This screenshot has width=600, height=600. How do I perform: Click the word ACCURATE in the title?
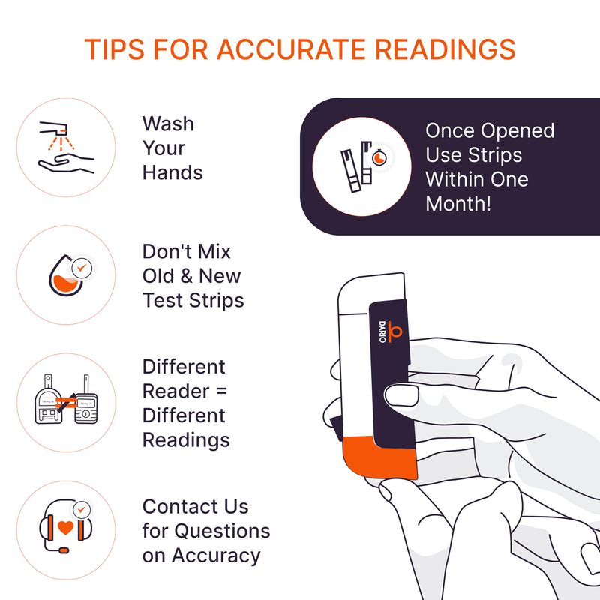[291, 49]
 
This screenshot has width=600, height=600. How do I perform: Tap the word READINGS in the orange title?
[445, 49]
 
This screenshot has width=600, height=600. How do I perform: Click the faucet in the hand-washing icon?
[54, 128]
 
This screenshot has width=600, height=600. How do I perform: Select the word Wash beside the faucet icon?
[168, 124]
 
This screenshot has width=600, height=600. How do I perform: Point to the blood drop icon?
[65, 275]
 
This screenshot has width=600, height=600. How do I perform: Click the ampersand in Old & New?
[186, 275]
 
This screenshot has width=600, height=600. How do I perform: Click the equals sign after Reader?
[221, 391]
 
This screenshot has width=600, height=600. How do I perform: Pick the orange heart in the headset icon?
[65, 528]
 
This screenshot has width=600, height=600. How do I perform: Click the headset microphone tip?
[64, 551]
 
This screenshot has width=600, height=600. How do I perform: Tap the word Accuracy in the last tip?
[216, 556]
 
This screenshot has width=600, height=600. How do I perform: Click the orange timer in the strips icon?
[379, 157]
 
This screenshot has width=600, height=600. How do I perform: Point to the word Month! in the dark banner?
[458, 204]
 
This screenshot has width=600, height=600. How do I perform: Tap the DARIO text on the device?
[382, 331]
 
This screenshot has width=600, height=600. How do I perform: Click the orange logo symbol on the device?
[395, 331]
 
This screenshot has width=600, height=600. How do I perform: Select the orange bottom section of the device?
[379, 457]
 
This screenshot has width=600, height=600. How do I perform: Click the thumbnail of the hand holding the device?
[401, 396]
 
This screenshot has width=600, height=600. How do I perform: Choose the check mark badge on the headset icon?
[82, 510]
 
